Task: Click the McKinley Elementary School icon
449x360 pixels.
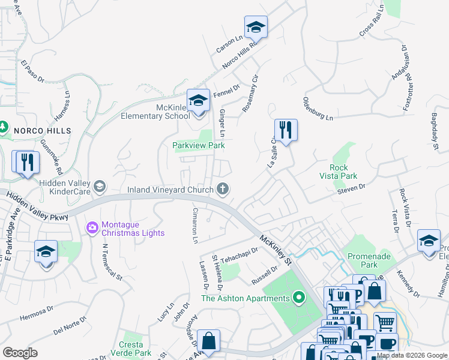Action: coord(197,100)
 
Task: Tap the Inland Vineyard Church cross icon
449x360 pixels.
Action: coord(223,190)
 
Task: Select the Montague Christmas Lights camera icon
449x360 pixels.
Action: coord(92,227)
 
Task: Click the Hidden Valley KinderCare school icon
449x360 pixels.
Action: coord(99,185)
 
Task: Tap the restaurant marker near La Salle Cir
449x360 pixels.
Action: coord(286,130)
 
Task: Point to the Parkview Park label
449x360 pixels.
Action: coord(198,145)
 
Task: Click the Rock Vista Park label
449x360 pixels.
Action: coord(343,172)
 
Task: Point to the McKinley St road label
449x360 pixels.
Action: coord(276,250)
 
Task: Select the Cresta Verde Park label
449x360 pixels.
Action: coord(131,349)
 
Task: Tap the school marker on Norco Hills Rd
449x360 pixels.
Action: coord(256,27)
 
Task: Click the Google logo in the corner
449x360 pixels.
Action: coord(20,353)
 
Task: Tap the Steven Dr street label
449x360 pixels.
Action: coord(351,188)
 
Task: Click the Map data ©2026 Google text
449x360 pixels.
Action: coord(412,355)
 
